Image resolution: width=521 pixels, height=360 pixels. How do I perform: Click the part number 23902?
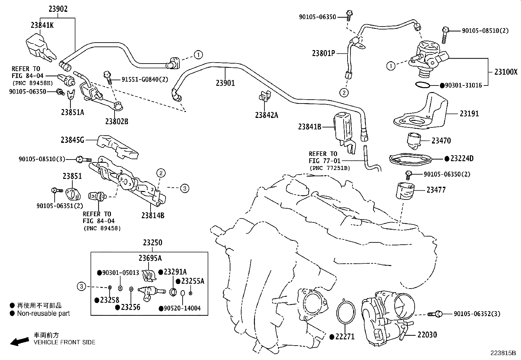pos(58,9)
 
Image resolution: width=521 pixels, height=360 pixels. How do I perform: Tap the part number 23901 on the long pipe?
pos(225,83)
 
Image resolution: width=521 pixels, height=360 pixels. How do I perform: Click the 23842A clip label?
pos(266,115)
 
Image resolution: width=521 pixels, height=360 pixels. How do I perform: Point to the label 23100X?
pos(506,72)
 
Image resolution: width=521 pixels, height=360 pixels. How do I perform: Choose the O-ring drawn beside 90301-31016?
pos(423,85)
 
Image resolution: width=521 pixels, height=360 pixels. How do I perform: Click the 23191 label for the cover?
pos(469,114)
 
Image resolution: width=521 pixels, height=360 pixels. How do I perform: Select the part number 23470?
pos(441,141)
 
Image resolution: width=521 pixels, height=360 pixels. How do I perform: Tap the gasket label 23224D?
pos(461,159)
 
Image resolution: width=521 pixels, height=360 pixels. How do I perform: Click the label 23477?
pos(436,190)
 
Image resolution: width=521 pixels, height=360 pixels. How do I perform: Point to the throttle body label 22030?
pos(427,335)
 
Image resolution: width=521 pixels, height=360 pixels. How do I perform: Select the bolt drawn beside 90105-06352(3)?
pos(435,314)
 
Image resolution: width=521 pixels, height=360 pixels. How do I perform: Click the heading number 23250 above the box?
pos(152,243)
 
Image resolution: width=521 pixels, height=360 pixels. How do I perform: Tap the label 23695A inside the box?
pos(150,258)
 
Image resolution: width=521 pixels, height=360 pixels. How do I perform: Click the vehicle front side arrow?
pos(19,341)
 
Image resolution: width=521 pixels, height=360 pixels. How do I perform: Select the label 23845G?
pos(72,140)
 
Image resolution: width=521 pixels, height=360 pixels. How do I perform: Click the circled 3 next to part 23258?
pos(81,287)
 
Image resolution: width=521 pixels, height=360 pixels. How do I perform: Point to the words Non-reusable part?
pos(44,313)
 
